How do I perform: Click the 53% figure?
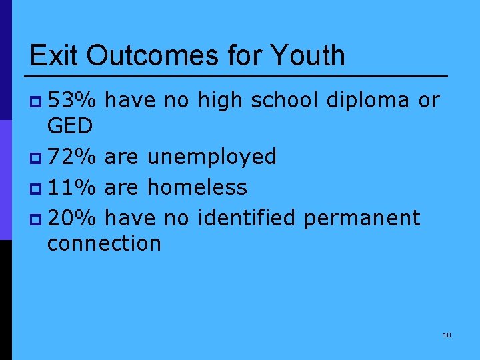(x=73, y=101)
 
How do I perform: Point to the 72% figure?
(x=73, y=157)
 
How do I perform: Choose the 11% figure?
(x=73, y=187)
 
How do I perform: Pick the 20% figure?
(x=73, y=217)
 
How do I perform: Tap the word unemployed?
(x=211, y=157)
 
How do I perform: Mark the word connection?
(x=104, y=243)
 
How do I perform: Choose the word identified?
(x=245, y=217)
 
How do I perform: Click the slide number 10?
(x=447, y=335)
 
